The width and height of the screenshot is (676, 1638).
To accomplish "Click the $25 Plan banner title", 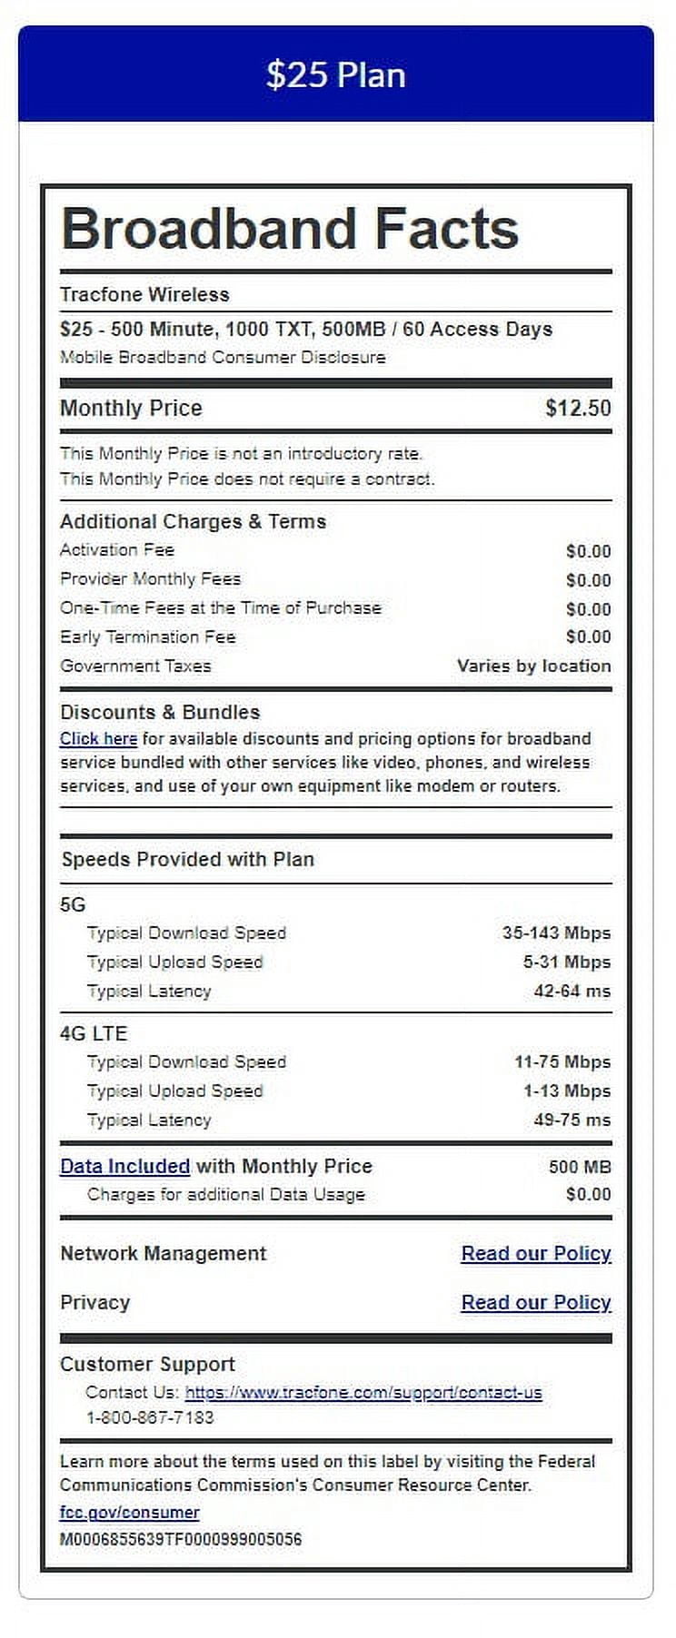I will click(x=335, y=74).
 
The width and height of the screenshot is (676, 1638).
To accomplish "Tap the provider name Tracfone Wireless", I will click(x=144, y=294).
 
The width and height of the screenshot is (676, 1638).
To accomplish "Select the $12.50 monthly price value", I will click(x=578, y=408).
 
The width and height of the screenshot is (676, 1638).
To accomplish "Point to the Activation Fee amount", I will click(x=588, y=551).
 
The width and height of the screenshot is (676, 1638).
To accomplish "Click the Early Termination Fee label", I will click(x=147, y=636).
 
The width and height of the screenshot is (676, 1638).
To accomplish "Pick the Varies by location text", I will click(x=533, y=666).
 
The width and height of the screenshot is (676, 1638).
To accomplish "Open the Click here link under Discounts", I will click(x=98, y=739).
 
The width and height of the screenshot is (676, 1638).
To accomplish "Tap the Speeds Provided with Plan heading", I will click(x=187, y=859).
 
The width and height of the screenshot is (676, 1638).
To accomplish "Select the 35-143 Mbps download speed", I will click(x=556, y=932).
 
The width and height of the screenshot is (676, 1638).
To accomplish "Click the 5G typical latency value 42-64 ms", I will click(x=572, y=991).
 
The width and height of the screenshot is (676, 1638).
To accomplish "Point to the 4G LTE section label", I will click(x=94, y=1033).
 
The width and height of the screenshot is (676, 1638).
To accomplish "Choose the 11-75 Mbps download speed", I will click(x=562, y=1061).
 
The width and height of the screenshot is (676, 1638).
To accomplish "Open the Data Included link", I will click(x=124, y=1166).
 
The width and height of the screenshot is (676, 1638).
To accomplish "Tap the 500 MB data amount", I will click(x=580, y=1167).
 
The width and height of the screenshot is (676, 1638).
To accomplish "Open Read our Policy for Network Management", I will click(x=536, y=1253).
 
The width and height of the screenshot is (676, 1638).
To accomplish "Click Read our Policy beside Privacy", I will click(x=536, y=1302).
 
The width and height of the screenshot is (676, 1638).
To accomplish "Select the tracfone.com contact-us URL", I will click(x=363, y=1392).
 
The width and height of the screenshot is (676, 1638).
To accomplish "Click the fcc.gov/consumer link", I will click(x=129, y=1512).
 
